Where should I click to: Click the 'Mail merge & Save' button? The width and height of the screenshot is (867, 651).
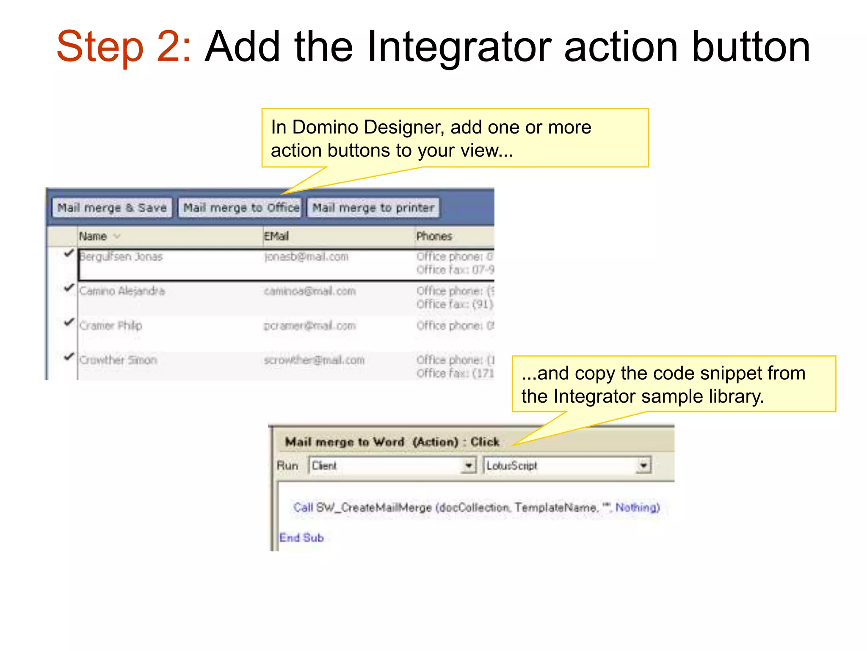(x=112, y=208)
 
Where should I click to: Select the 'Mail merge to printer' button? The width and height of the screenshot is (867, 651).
(x=373, y=208)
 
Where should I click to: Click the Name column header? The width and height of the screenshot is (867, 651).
(x=93, y=236)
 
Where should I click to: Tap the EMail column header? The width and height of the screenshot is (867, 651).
(x=276, y=236)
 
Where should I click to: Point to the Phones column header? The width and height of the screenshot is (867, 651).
(x=434, y=236)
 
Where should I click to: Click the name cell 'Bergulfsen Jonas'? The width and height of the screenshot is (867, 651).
(x=121, y=257)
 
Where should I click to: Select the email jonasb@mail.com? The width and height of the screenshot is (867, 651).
(x=306, y=257)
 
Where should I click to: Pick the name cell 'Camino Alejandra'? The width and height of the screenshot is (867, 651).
(x=122, y=291)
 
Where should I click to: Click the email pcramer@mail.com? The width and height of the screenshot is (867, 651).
(x=309, y=325)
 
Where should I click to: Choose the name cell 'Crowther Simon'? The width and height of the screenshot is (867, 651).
(x=118, y=360)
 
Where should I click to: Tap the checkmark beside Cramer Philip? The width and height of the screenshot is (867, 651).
(x=69, y=322)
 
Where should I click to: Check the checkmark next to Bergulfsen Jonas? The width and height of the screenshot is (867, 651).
(x=69, y=253)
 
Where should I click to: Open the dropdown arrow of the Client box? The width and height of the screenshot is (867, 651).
(x=468, y=465)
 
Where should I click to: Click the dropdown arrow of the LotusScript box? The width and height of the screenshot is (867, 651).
(x=643, y=465)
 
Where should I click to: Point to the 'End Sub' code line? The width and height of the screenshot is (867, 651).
(x=301, y=537)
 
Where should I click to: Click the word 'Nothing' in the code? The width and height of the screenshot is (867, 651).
(x=637, y=507)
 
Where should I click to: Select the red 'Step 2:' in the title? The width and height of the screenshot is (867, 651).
(x=124, y=47)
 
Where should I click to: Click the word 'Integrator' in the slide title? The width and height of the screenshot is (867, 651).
(x=459, y=47)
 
